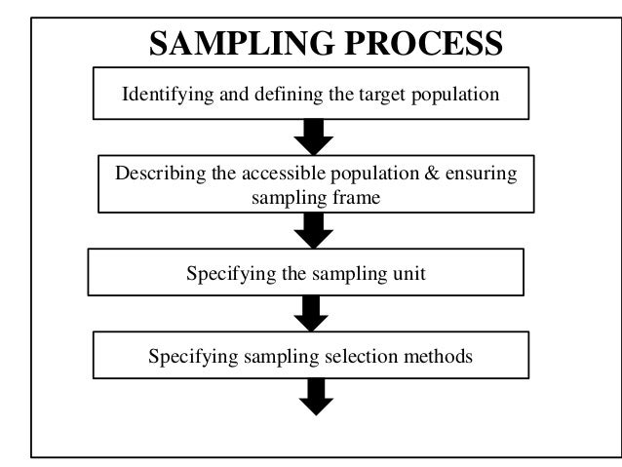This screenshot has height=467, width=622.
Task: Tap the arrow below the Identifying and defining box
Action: tap(314, 137)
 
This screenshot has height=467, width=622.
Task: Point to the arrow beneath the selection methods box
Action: tap(314, 396)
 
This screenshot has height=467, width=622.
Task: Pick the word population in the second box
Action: tap(365, 174)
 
